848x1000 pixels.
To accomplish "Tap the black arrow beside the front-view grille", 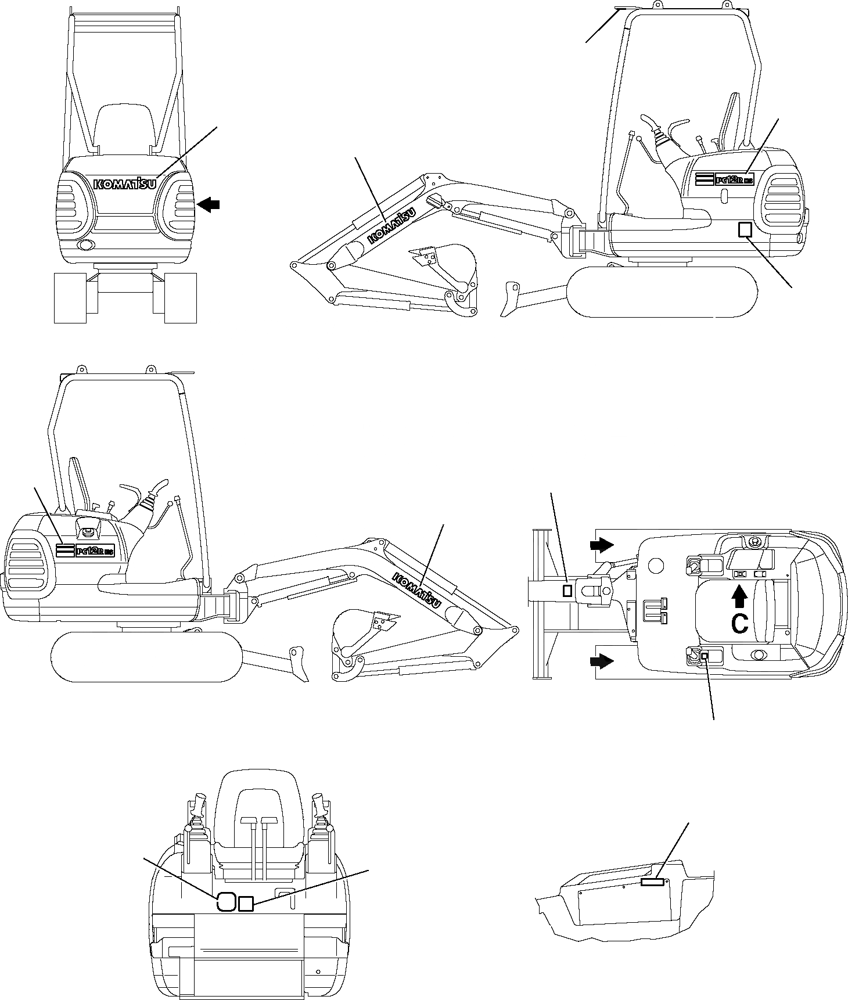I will [x=209, y=204].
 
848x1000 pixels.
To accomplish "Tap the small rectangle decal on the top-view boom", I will [x=568, y=591].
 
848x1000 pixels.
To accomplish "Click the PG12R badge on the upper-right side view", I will [x=724, y=180].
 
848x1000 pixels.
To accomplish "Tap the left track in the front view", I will [x=70, y=298].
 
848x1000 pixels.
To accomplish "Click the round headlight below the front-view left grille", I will [x=86, y=245].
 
